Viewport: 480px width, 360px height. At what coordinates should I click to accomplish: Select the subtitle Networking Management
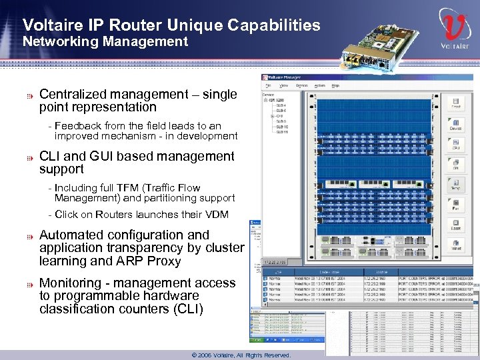point(105,42)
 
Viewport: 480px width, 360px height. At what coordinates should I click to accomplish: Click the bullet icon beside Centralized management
point(29,95)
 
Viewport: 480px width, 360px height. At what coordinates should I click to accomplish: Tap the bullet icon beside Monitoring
point(29,283)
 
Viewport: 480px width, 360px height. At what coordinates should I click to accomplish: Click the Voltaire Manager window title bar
point(367,77)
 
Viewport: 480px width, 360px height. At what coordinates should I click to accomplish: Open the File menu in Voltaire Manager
point(268,86)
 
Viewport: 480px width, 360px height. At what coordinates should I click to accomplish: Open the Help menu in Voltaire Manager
point(335,86)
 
